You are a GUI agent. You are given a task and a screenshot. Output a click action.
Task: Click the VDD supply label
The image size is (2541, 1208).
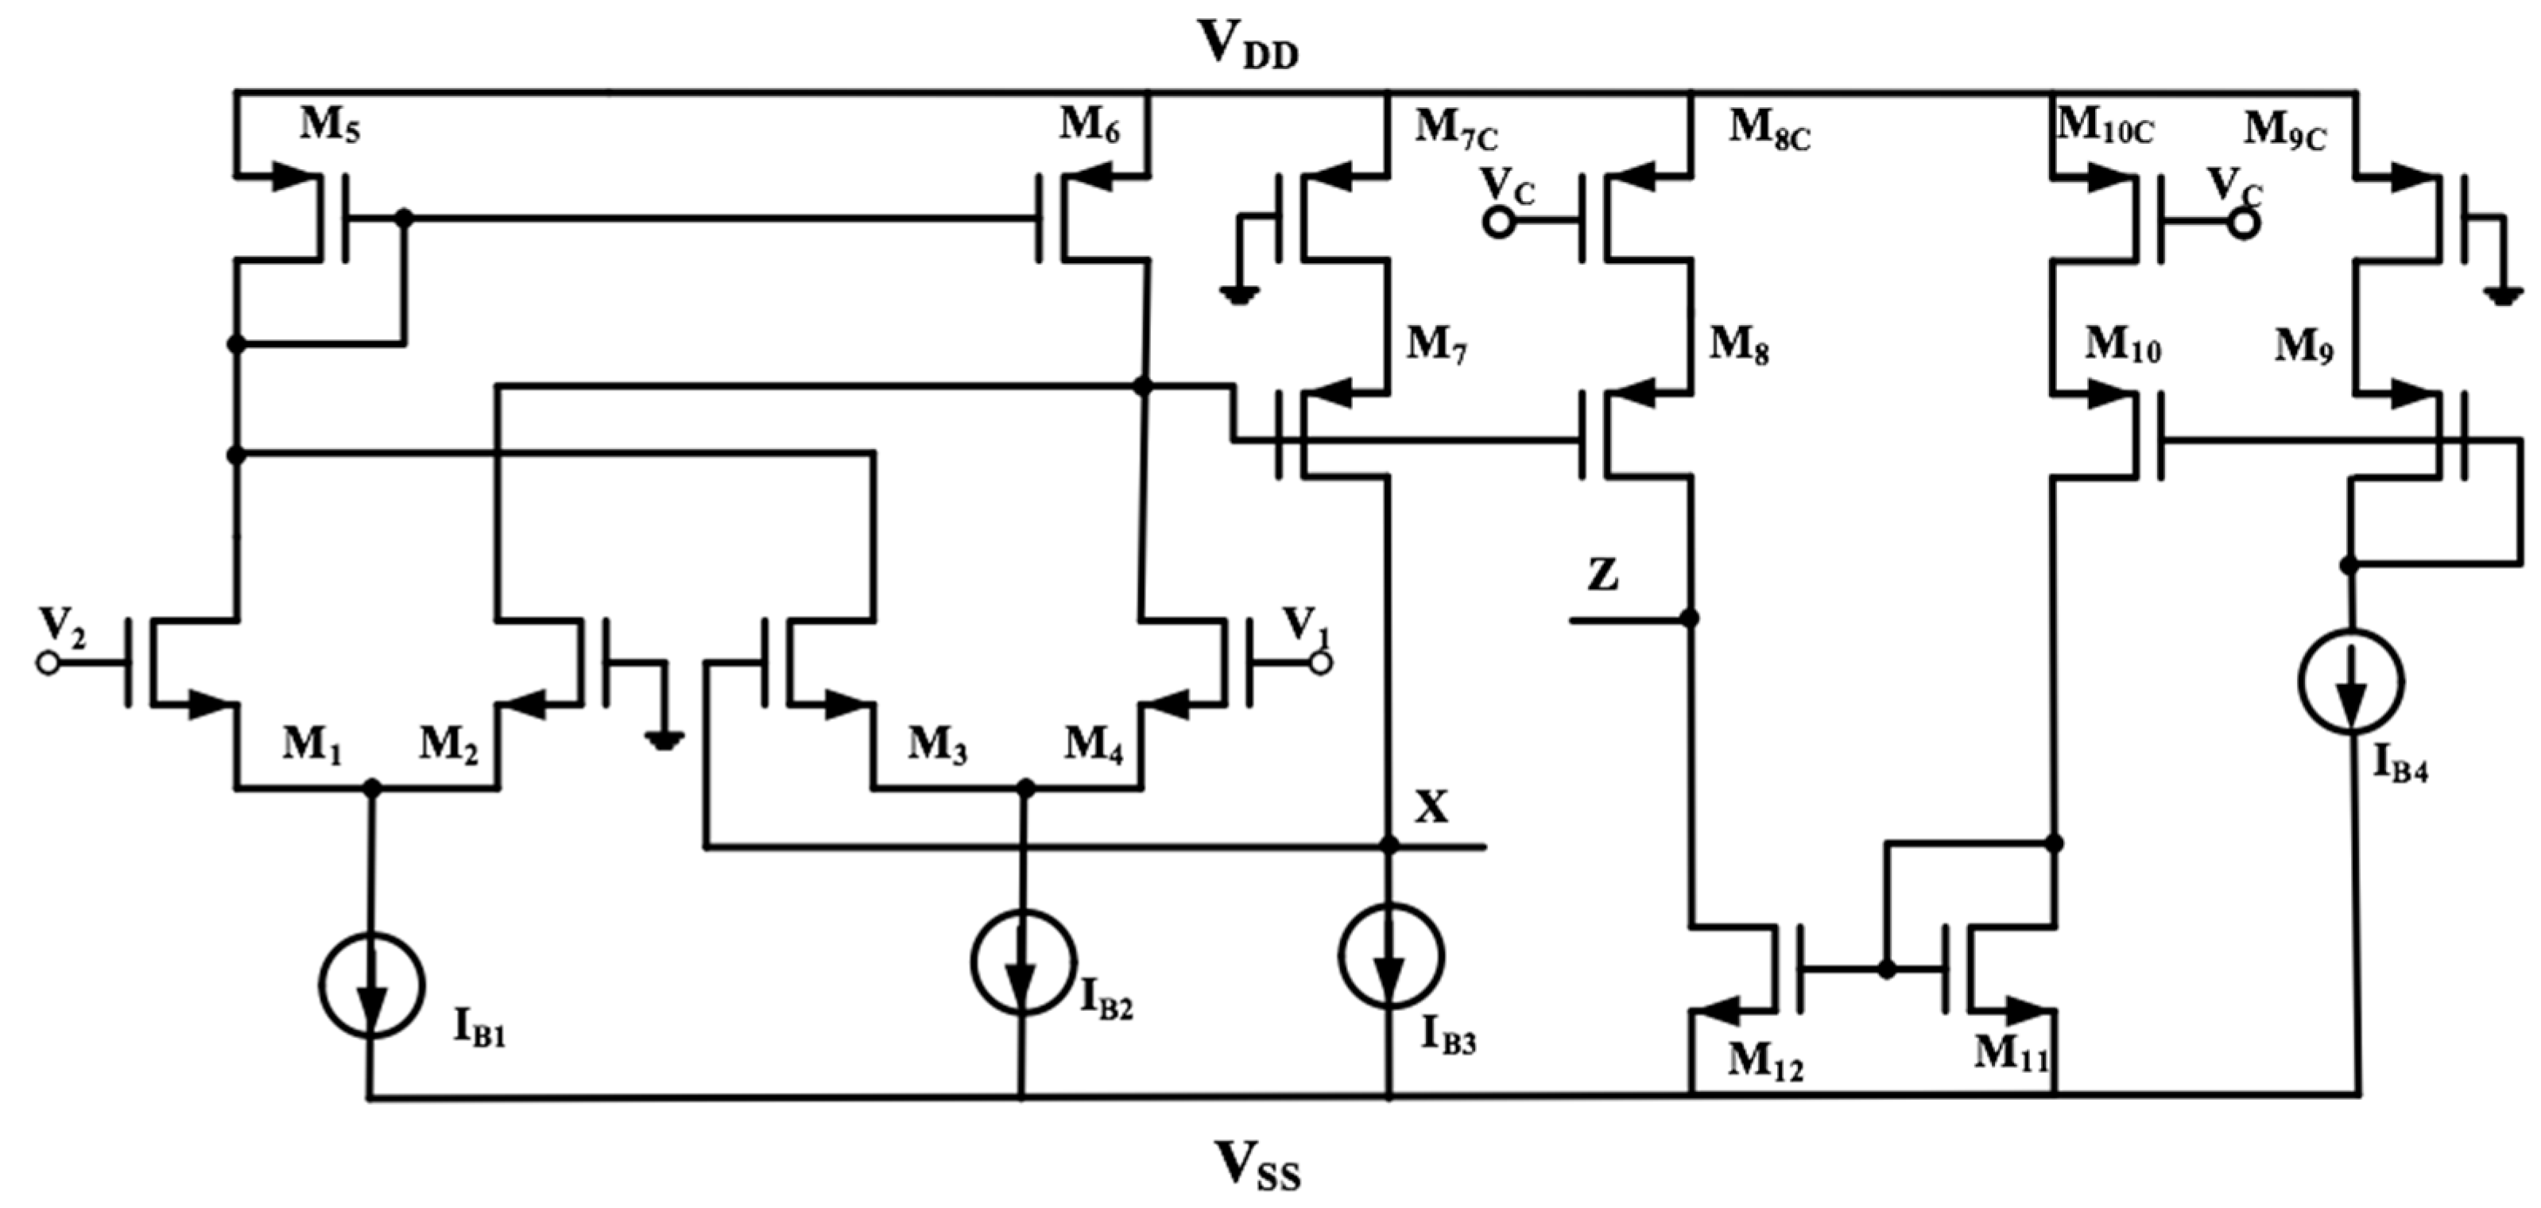pos(1248,45)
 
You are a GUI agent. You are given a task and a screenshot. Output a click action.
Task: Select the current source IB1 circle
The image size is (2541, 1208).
pos(372,984)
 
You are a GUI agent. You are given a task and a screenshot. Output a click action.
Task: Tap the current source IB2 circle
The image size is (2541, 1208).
pos(1023,962)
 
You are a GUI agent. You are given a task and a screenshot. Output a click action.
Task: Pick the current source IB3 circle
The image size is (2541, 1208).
pos(1391,955)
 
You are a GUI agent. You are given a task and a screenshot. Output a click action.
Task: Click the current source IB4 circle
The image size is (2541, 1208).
pos(2352,681)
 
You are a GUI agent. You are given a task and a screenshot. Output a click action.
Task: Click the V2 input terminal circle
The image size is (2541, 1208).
pos(48,664)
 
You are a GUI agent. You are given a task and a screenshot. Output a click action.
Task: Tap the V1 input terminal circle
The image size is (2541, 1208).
pos(1320,664)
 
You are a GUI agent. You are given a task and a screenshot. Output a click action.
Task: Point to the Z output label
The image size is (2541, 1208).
pos(1603,575)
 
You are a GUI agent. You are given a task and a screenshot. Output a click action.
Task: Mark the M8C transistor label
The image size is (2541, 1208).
pos(1769,130)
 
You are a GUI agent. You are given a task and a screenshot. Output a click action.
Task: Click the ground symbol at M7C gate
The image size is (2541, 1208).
pos(1239,293)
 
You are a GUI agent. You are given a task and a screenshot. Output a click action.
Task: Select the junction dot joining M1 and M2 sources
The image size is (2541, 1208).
pos(372,787)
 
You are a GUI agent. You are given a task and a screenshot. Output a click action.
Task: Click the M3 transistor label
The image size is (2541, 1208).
pos(937,745)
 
